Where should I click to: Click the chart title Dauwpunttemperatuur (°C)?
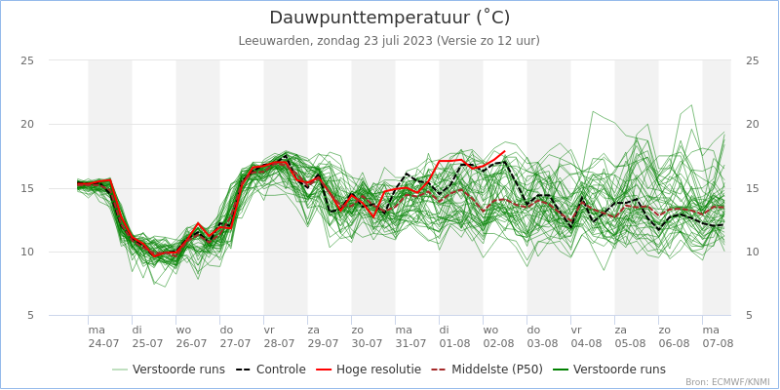[389, 18]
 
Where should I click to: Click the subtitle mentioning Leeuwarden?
[389, 41]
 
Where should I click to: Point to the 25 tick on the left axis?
[28, 60]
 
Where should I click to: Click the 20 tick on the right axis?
[752, 124]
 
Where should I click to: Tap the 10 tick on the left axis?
[28, 252]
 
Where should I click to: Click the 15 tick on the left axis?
[28, 188]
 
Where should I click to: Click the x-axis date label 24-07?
[104, 343]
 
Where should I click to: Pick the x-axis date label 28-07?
[280, 343]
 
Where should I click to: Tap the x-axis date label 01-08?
[455, 343]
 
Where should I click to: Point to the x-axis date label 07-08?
[719, 343]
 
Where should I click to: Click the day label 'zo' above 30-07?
[358, 330]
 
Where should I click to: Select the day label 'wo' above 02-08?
[490, 330]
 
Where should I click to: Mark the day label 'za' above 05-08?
[621, 330]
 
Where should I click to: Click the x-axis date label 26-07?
[192, 343]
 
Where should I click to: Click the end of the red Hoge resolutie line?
[505, 150]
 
